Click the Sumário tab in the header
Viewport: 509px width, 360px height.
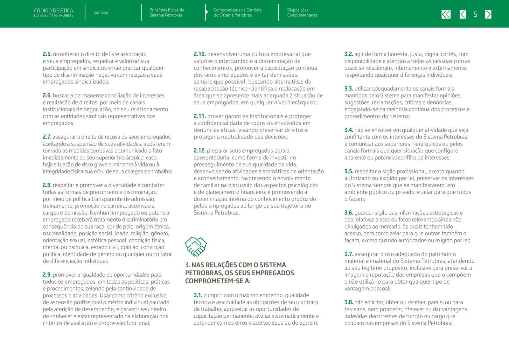[x=101, y=12]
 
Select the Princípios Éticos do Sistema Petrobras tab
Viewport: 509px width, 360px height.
[x=167, y=12]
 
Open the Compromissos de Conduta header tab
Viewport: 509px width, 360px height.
[x=237, y=12]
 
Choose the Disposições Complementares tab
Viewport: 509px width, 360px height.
[x=302, y=12]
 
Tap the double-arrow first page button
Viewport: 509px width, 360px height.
[x=446, y=14]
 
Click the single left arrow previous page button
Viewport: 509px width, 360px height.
[x=463, y=14]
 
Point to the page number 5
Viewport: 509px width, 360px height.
[x=475, y=14]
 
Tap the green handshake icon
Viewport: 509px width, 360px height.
[x=196, y=246]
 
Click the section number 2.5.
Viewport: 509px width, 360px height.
[x=47, y=54]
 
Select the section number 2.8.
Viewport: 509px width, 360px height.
[x=47, y=185]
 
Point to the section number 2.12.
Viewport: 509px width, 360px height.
[x=199, y=151]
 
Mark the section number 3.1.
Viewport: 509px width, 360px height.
[x=198, y=295]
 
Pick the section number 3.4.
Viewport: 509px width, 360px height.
[x=349, y=130]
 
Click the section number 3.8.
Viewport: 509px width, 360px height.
[x=349, y=302]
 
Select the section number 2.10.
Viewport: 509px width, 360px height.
[x=199, y=54]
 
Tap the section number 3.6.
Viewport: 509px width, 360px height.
[x=349, y=213]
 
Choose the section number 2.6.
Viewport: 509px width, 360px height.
[x=47, y=95]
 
